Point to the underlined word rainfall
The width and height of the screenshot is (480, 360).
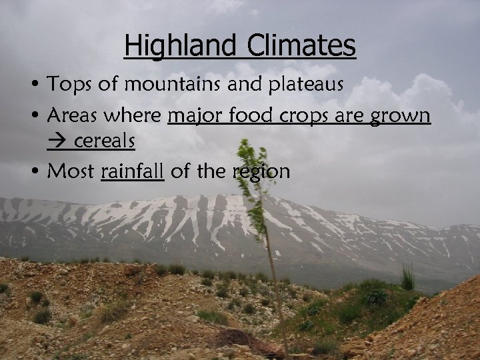[x=132, y=171]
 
